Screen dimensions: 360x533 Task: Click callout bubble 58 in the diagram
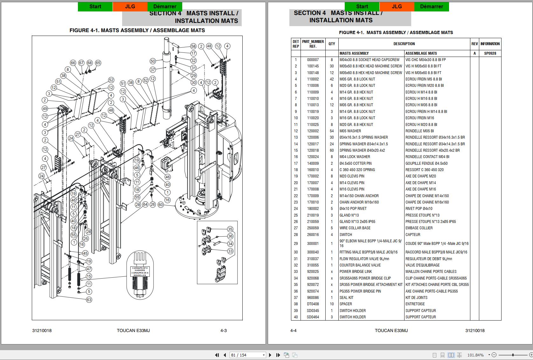coord(193,46)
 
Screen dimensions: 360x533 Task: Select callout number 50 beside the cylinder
coord(153,61)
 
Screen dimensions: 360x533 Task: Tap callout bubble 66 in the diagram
coord(73,63)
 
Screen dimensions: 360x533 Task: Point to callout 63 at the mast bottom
coord(89,300)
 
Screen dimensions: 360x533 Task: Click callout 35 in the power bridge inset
coord(230,229)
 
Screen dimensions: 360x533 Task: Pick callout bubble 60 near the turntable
coord(161,205)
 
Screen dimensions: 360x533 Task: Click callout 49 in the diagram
coord(45,108)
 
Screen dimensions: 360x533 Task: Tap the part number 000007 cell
coord(313,60)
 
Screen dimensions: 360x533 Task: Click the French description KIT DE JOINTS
coord(416,298)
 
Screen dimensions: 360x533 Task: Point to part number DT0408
coord(313,304)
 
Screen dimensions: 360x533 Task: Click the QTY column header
coord(332,44)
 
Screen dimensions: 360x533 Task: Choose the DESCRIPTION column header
coord(404,44)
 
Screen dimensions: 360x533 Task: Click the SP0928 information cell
coord(490,53)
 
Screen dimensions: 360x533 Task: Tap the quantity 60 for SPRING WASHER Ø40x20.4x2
coord(332,150)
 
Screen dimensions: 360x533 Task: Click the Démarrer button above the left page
coord(165,6)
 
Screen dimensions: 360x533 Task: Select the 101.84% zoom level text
coord(475,355)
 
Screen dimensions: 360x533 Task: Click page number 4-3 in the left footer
coord(224,330)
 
